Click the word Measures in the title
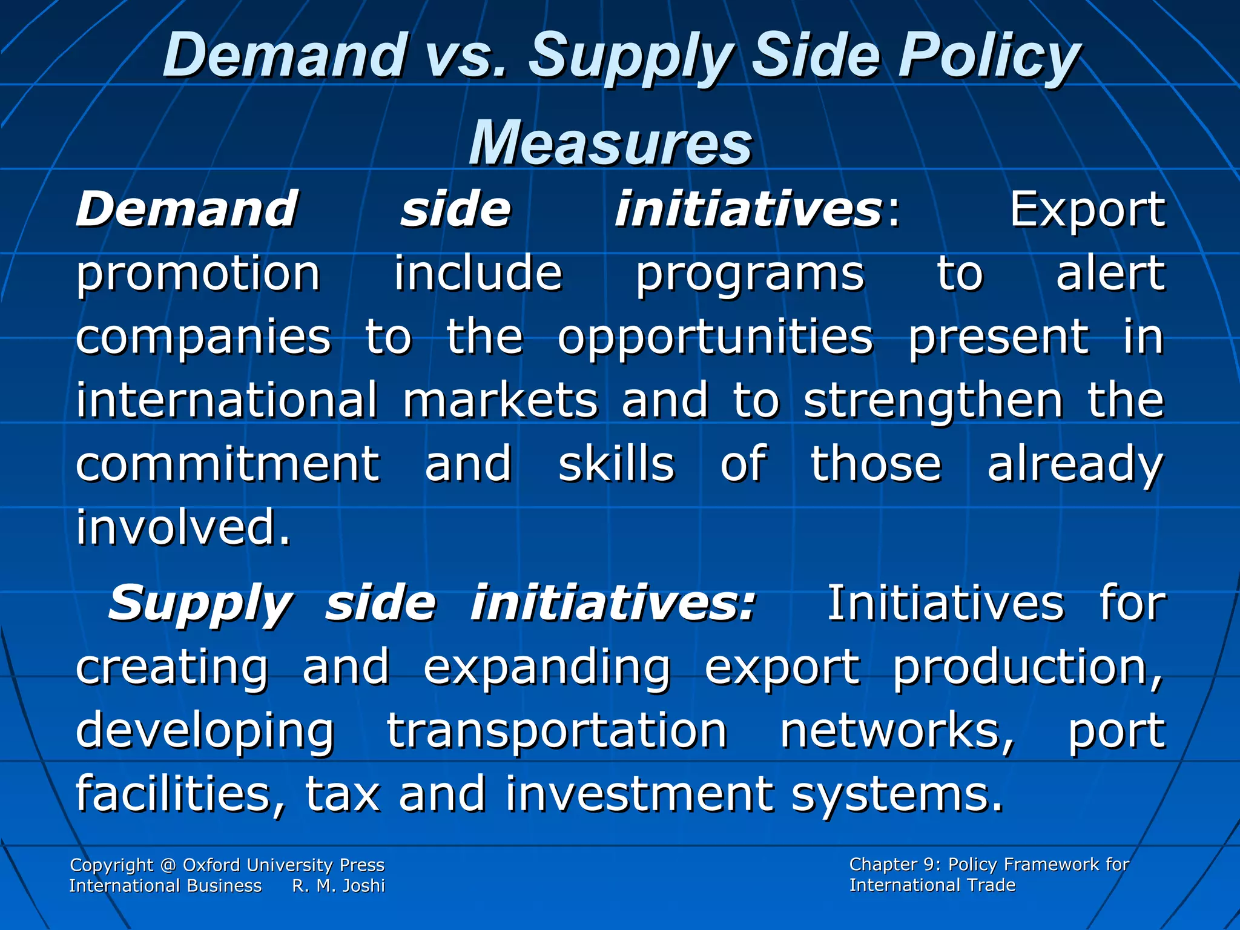pos(610,143)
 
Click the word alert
pos(1110,274)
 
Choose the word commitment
pos(228,464)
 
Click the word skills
pos(616,464)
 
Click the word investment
pos(639,794)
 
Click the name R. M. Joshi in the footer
pos(338,886)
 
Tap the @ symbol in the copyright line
pos(168,865)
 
